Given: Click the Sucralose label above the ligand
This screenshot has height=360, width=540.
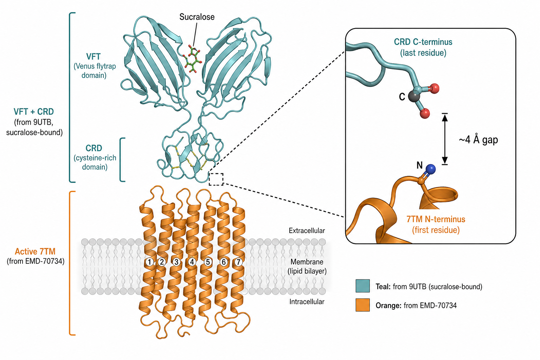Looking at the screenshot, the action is [197, 17].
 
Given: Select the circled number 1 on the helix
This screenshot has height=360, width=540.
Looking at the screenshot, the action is [149, 262].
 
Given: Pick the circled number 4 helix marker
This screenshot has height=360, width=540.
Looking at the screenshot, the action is [192, 262].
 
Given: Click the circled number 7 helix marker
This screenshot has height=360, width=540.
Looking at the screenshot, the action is [238, 262].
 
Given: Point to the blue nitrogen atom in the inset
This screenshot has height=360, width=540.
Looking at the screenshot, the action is [430, 169].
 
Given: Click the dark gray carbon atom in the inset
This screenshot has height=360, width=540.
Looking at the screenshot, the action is [414, 96].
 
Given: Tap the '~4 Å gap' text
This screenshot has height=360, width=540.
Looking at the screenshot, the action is [478, 140].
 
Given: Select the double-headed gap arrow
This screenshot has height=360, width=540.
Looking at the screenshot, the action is [445, 139].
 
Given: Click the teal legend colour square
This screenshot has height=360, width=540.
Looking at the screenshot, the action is [362, 286].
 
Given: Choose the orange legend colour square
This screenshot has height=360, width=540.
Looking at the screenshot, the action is [362, 305].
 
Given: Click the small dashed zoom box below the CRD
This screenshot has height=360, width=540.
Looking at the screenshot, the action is [216, 179].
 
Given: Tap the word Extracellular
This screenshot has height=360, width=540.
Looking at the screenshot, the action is [307, 231].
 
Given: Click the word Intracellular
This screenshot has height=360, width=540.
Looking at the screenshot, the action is [307, 302].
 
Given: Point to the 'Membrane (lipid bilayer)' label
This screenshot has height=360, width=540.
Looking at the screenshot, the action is [307, 266].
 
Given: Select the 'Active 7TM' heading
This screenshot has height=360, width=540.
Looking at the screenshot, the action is [35, 251].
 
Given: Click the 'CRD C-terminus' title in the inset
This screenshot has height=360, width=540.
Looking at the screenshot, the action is [423, 42].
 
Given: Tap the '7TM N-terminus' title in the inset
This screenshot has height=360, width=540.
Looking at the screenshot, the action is [436, 219].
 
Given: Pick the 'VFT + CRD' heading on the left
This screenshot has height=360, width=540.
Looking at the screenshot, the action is [33, 112].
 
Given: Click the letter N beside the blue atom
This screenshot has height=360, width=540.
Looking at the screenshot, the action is [419, 165].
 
